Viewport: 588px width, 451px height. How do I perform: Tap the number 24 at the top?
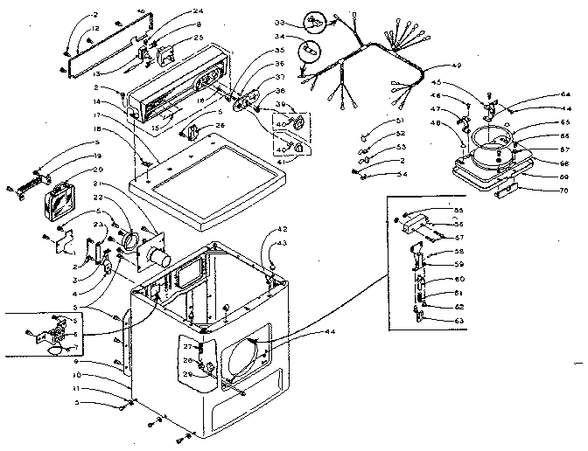click(x=199, y=12)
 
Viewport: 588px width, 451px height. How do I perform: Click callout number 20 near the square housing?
click(x=98, y=170)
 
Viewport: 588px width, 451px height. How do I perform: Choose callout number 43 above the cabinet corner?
click(x=281, y=243)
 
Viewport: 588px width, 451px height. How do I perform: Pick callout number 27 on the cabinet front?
click(x=187, y=346)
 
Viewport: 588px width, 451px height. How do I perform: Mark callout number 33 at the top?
click(x=280, y=22)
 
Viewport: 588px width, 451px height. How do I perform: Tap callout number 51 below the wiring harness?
click(x=399, y=120)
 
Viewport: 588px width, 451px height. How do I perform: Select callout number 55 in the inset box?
click(x=458, y=211)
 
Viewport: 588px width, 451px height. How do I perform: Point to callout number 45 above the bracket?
click(x=461, y=83)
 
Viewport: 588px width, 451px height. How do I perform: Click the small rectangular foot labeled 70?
click(x=505, y=190)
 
